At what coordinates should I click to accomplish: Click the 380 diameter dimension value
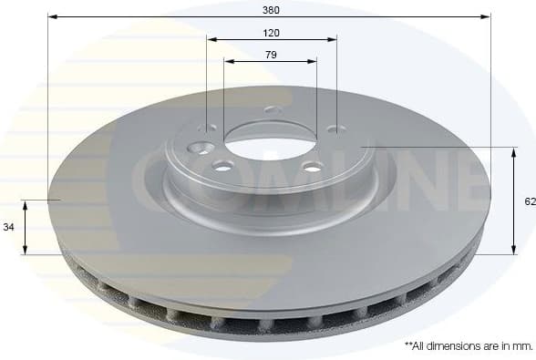point(270,10)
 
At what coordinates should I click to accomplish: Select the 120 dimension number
point(271,33)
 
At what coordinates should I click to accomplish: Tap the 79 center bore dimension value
point(271,55)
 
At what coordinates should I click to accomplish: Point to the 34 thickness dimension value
point(8,227)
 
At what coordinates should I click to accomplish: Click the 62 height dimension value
point(529,202)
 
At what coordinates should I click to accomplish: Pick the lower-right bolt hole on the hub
point(313,167)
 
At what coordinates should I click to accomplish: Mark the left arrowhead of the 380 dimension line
point(53,17)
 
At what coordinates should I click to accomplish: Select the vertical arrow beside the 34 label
point(26,227)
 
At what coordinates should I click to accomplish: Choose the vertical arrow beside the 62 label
point(513,201)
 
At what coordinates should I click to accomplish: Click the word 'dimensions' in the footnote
point(455,346)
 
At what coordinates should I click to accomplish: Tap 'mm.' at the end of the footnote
point(521,346)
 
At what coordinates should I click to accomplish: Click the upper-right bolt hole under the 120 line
point(333,129)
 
